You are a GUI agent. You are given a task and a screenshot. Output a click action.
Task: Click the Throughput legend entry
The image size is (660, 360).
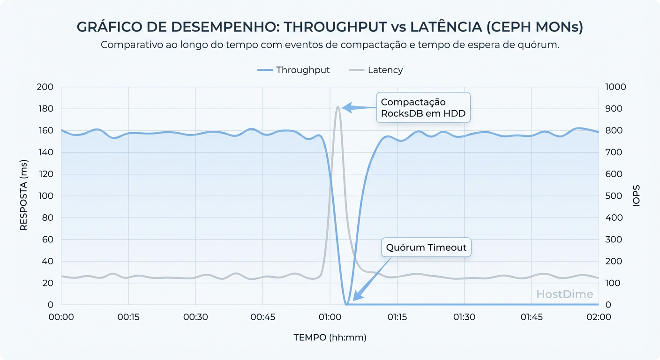[x=293, y=70]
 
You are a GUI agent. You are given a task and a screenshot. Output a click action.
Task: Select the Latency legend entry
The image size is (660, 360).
[x=376, y=70]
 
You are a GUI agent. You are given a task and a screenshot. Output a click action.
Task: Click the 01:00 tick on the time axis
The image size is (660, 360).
[x=330, y=317]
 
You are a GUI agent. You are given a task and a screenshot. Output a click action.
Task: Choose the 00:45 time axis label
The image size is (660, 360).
[x=262, y=317]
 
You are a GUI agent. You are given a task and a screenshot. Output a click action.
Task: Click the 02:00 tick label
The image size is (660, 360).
[x=599, y=317]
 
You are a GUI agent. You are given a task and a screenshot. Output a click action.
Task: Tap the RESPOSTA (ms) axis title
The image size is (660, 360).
[x=24, y=196]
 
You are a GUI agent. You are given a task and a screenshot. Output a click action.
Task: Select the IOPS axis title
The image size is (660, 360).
[x=636, y=196]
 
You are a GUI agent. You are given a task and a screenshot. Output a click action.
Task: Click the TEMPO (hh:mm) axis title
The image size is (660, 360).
[x=330, y=337]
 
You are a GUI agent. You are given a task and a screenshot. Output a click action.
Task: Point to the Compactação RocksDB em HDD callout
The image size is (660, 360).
[x=423, y=108]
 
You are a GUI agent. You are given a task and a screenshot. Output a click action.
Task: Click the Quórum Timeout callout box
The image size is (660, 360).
[x=426, y=247]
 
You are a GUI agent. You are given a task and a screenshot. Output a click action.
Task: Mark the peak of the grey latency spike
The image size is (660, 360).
[x=337, y=107]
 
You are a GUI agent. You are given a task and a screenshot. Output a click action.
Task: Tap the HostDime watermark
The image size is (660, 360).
[x=564, y=294]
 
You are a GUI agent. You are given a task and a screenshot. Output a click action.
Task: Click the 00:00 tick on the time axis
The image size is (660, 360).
[x=61, y=317]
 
